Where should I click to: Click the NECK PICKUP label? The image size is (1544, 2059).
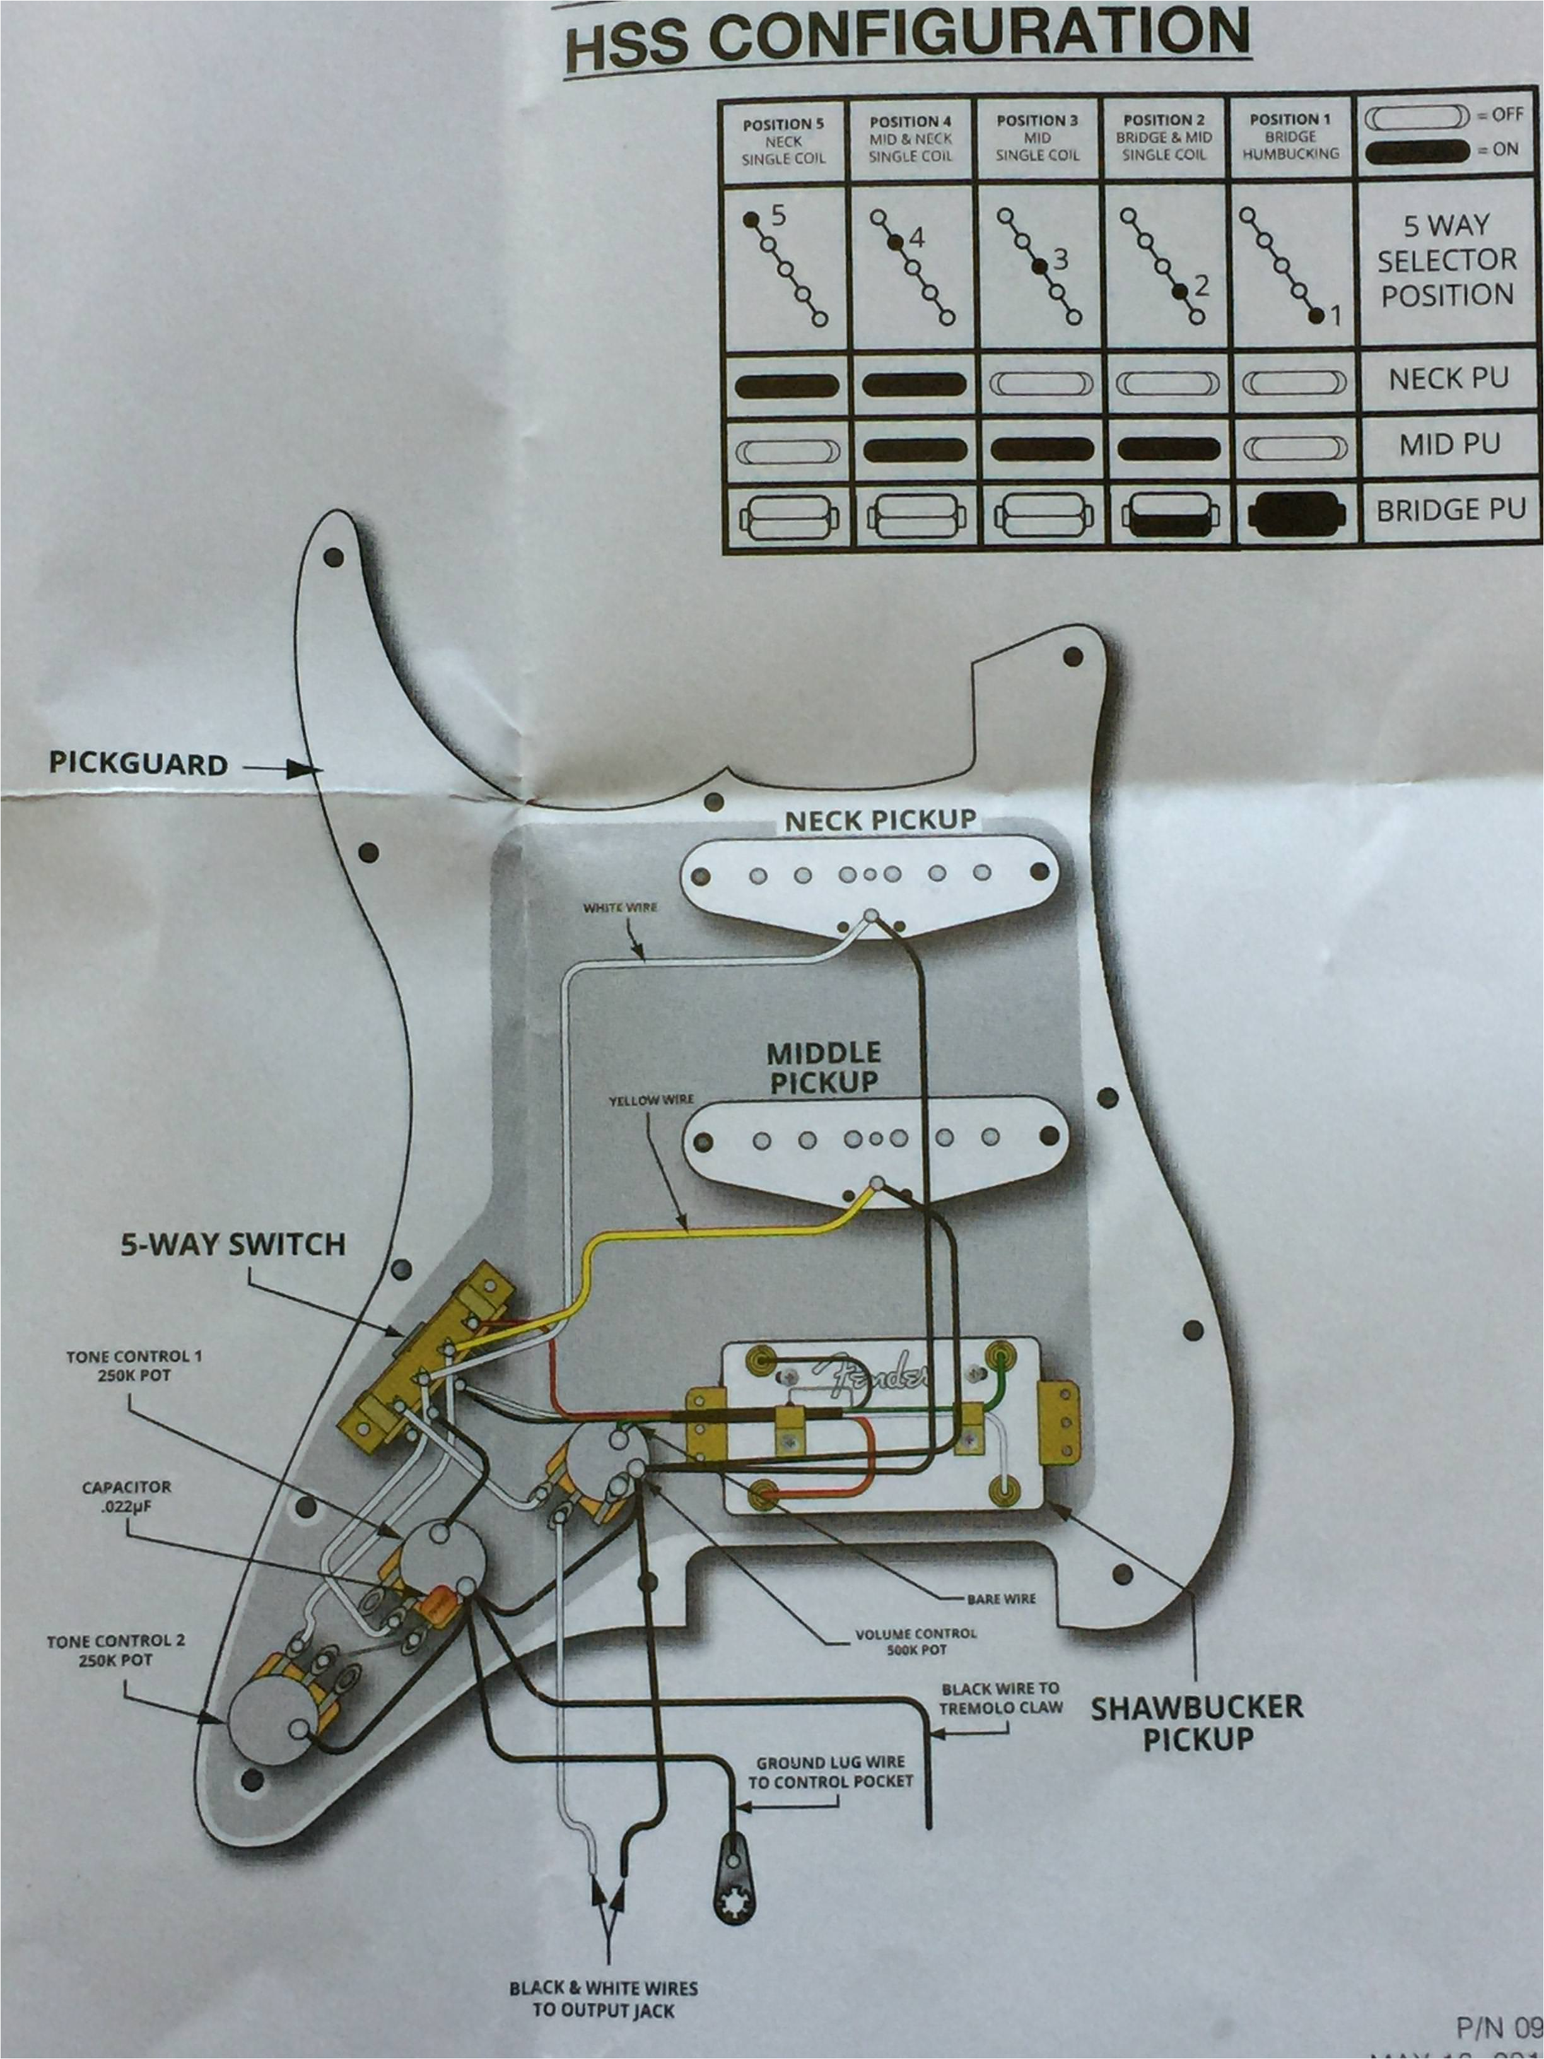click(879, 820)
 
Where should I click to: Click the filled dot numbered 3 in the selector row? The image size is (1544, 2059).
click(1039, 266)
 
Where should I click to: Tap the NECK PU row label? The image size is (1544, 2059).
click(1448, 380)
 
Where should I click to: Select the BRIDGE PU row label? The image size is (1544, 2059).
click(1450, 510)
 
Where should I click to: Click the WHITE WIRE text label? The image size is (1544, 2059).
click(620, 906)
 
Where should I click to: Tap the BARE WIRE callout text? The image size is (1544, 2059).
click(1000, 1599)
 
